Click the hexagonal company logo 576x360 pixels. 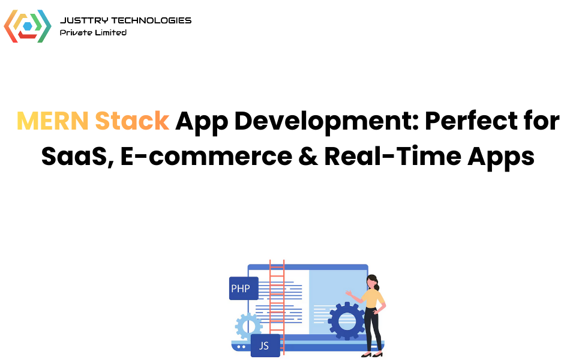28,26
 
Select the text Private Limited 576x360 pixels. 93,32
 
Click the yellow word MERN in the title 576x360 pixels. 52,121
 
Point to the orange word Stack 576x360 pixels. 132,121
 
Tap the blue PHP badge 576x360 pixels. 244,289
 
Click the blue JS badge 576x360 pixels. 265,346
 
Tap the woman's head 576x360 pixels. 373,280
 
